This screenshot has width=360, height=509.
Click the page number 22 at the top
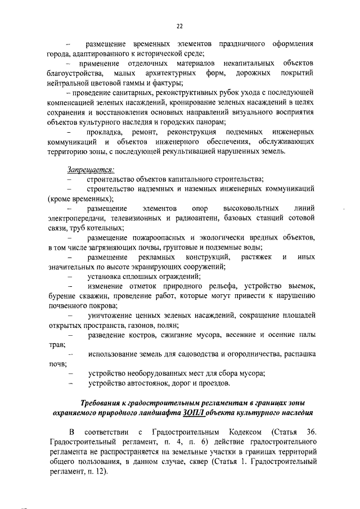[x=179, y=25]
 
